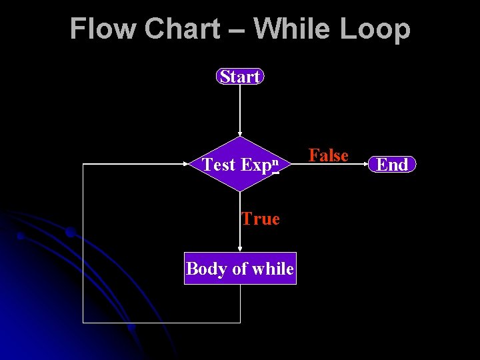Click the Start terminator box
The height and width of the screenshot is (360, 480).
pyautogui.click(x=240, y=77)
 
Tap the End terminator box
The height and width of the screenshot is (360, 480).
pyautogui.click(x=392, y=164)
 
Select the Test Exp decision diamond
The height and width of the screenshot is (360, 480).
pyautogui.click(x=240, y=164)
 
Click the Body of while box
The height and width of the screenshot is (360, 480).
pyautogui.click(x=240, y=269)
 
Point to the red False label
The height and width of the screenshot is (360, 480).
pyautogui.click(x=328, y=155)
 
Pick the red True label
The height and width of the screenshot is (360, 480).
pyautogui.click(x=261, y=219)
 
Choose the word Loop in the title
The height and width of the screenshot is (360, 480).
pyautogui.click(x=380, y=29)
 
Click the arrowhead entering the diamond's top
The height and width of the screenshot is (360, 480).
pyautogui.click(x=240, y=134)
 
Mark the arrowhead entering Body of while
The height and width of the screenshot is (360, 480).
pyautogui.click(x=240, y=249)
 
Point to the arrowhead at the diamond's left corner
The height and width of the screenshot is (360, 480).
pyautogui.click(x=186, y=164)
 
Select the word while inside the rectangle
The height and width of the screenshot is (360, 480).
pyautogui.click(x=271, y=269)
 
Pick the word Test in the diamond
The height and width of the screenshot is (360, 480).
pyautogui.click(x=219, y=165)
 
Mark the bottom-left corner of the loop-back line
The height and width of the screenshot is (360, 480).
pyautogui.click(x=83, y=323)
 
